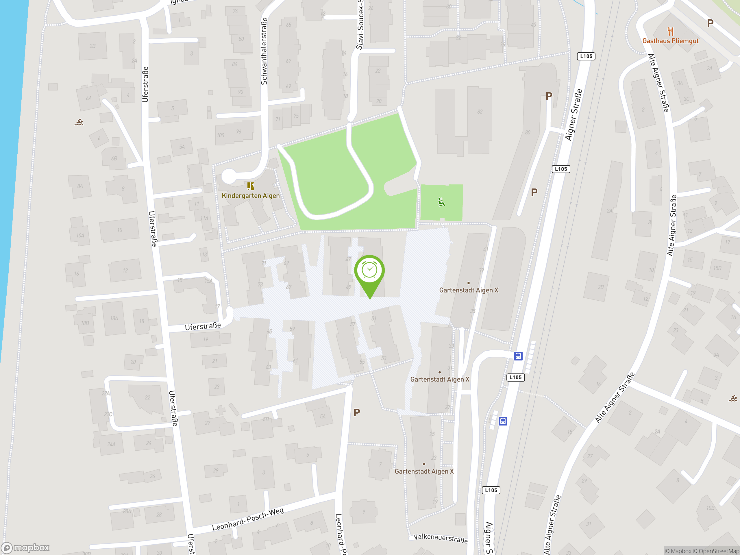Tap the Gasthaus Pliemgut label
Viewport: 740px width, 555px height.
tap(670, 41)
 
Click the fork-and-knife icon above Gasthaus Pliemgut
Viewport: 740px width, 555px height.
tap(670, 31)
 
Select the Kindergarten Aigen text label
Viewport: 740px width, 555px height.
tap(251, 196)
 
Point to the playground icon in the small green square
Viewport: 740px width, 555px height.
tap(441, 202)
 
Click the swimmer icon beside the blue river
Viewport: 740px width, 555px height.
tap(79, 122)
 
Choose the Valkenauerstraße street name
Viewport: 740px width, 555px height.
tap(440, 538)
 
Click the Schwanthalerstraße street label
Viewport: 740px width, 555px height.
tap(264, 51)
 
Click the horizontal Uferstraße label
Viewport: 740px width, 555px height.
tap(203, 326)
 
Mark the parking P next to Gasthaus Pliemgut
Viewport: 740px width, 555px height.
tap(710, 23)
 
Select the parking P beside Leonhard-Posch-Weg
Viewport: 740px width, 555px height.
tap(357, 412)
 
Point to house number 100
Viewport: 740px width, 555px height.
tap(220, 136)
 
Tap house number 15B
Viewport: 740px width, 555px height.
tap(717, 268)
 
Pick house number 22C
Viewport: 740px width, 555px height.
tap(108, 414)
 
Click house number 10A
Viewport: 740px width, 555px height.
tap(80, 236)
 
